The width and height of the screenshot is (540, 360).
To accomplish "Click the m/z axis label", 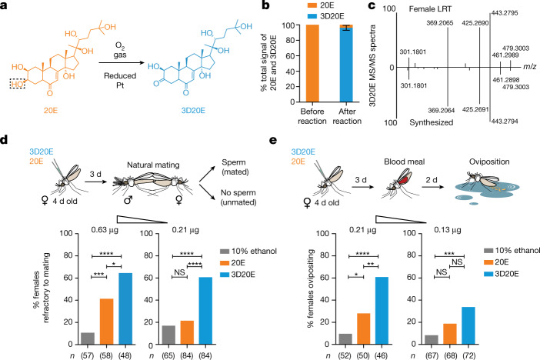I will coord(524,68).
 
